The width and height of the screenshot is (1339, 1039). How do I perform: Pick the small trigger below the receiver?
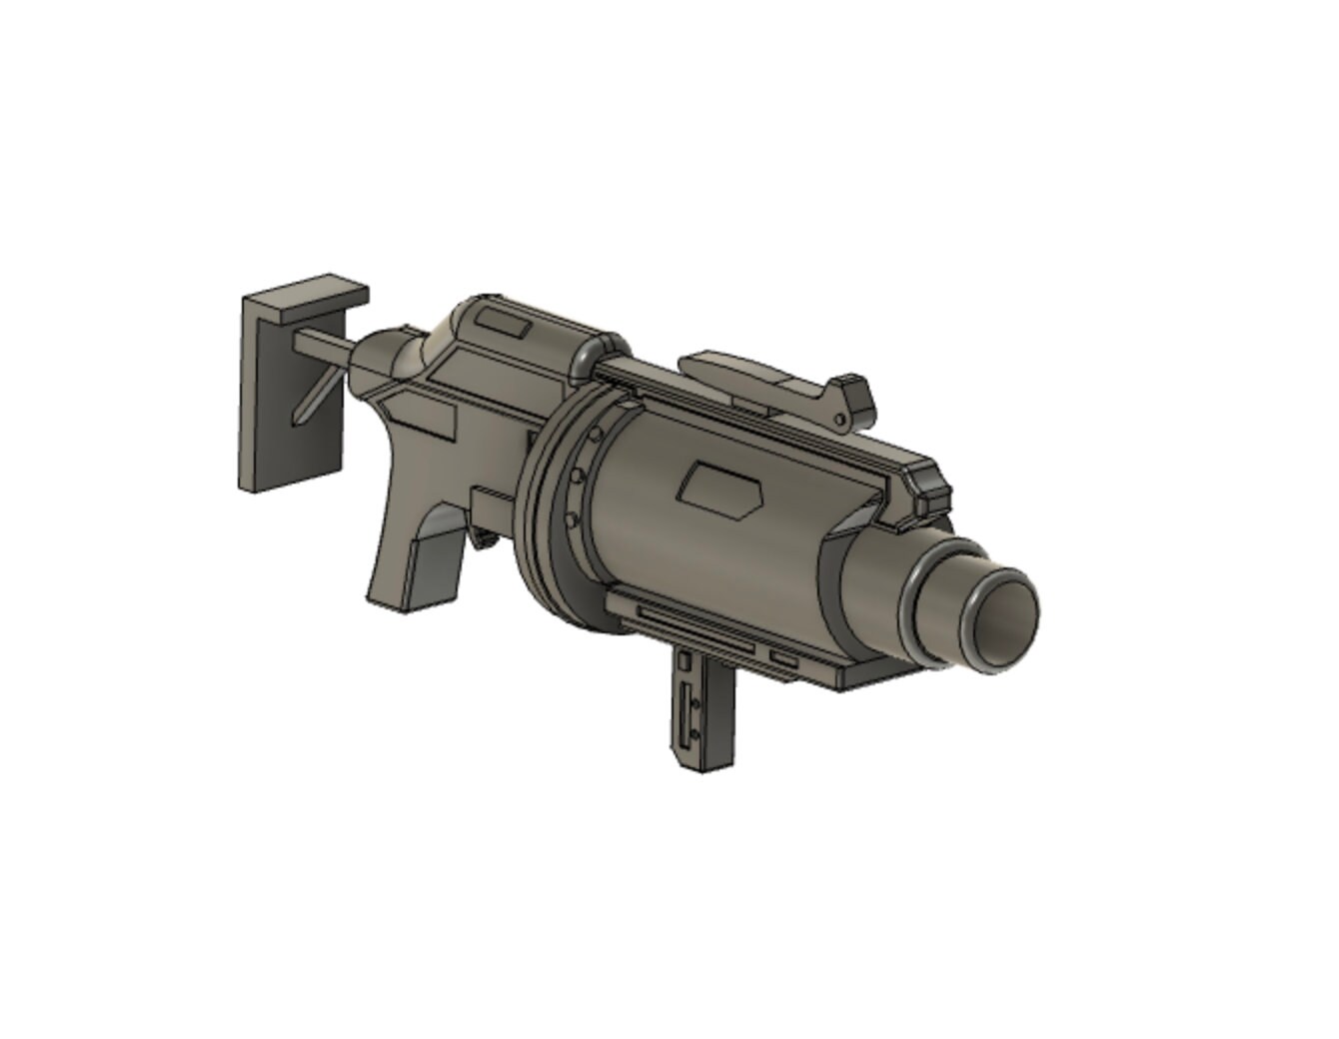pyautogui.click(x=488, y=540)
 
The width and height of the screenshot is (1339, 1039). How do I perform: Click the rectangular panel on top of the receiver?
pyautogui.click(x=503, y=323)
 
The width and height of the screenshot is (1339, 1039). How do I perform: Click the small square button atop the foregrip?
pyautogui.click(x=684, y=661)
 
